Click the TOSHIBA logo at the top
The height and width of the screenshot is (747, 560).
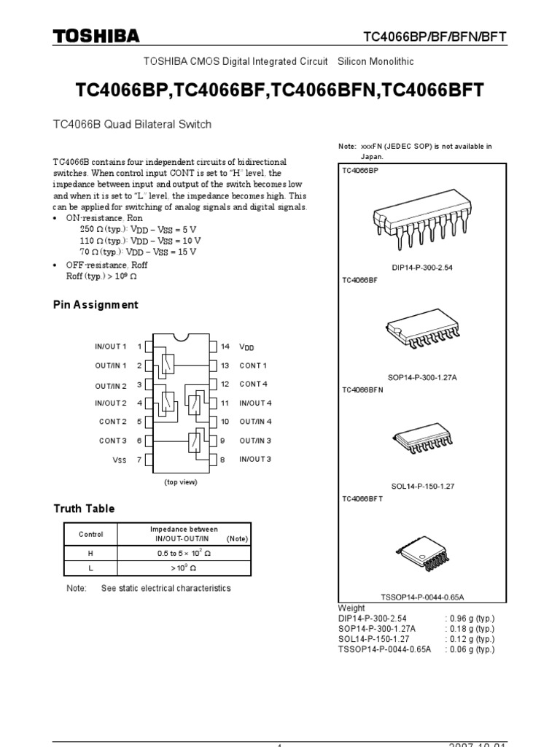(96, 36)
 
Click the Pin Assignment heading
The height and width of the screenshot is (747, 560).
(96, 305)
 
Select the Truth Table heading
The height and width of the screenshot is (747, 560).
(84, 508)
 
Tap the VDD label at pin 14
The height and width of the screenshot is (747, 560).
(246, 347)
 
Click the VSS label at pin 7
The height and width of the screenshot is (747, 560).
(119, 460)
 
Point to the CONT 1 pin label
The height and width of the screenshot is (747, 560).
(253, 365)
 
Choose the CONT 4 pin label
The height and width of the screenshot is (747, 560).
(253, 384)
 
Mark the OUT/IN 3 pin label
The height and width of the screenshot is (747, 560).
(255, 441)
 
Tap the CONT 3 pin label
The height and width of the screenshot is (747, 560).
(113, 441)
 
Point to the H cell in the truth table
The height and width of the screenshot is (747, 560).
(90, 554)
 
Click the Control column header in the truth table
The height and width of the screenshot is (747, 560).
(90, 535)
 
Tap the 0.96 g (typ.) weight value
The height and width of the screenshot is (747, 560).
(470, 618)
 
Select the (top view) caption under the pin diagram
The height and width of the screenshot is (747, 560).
(180, 482)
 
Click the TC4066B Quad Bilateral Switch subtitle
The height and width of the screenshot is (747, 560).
(133, 125)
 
